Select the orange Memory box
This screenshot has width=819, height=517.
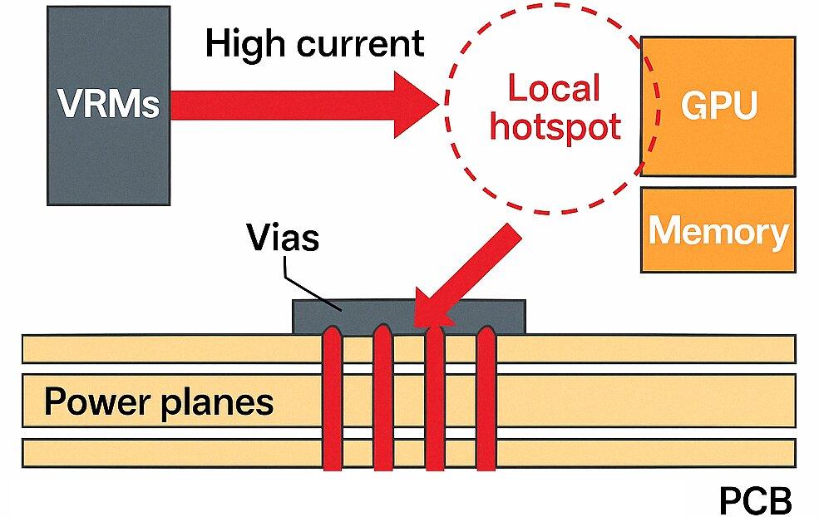point(718,230)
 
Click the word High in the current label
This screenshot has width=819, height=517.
point(242,43)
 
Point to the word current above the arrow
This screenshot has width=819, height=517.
point(358,43)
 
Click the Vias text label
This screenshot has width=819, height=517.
point(283,239)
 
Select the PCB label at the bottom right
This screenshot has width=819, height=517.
point(754,501)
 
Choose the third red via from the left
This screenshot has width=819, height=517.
point(434,399)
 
